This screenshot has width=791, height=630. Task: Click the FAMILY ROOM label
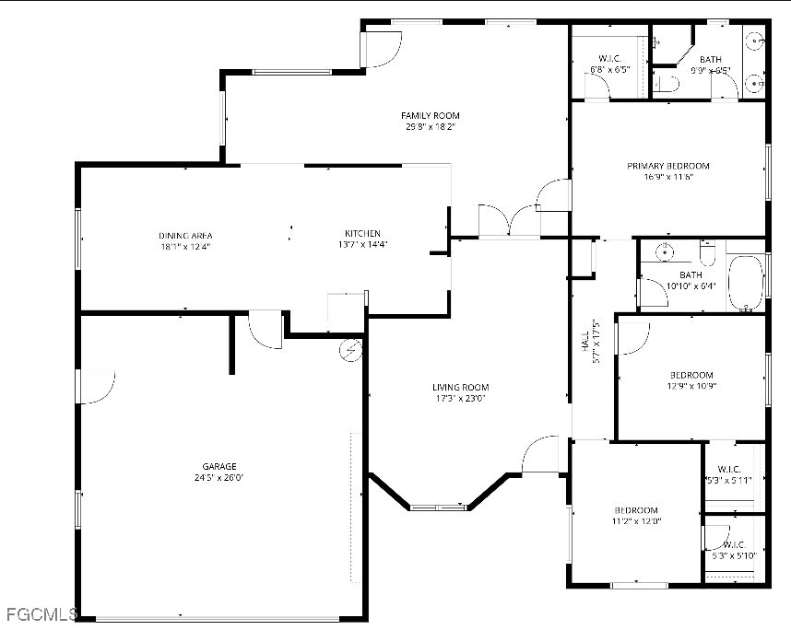[431, 115]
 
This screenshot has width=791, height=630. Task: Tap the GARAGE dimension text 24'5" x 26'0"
[219, 478]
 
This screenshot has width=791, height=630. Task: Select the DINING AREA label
[185, 235]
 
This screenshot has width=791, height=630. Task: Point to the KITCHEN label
[362, 233]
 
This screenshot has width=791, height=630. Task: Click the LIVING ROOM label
[460, 387]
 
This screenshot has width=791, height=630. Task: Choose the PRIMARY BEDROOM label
[668, 166]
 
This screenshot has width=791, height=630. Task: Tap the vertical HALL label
[584, 343]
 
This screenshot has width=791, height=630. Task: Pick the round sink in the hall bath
[662, 251]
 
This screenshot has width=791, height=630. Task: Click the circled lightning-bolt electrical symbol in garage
[350, 349]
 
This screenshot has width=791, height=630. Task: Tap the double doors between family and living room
[509, 221]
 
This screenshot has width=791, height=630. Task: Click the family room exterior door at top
[381, 48]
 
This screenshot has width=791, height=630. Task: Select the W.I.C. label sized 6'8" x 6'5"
[609, 59]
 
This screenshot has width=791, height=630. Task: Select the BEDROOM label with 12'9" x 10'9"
[691, 375]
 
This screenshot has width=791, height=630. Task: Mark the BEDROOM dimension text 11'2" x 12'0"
[636, 521]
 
